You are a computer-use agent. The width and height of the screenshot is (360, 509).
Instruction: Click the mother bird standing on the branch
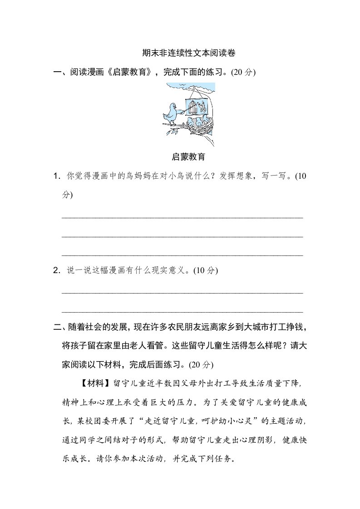(x=172, y=113)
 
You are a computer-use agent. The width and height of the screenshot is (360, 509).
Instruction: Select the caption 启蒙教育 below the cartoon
(x=188, y=157)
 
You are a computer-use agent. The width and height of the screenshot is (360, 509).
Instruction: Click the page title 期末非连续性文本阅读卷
(x=188, y=53)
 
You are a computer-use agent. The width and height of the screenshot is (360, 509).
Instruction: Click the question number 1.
(x=56, y=176)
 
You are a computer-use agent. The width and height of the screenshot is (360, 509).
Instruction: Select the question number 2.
(x=56, y=270)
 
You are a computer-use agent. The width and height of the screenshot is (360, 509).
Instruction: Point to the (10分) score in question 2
(x=206, y=270)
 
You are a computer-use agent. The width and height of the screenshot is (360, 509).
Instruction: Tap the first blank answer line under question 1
(x=182, y=217)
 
